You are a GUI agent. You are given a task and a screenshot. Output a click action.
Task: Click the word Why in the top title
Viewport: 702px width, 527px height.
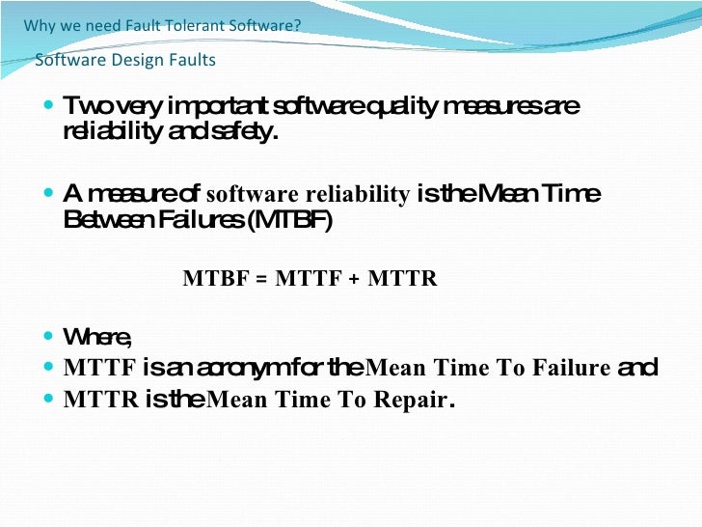click(40, 25)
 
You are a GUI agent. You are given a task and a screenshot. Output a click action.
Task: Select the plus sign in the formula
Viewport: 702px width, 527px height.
click(354, 279)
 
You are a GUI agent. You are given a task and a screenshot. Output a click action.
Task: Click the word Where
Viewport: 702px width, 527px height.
click(96, 337)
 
